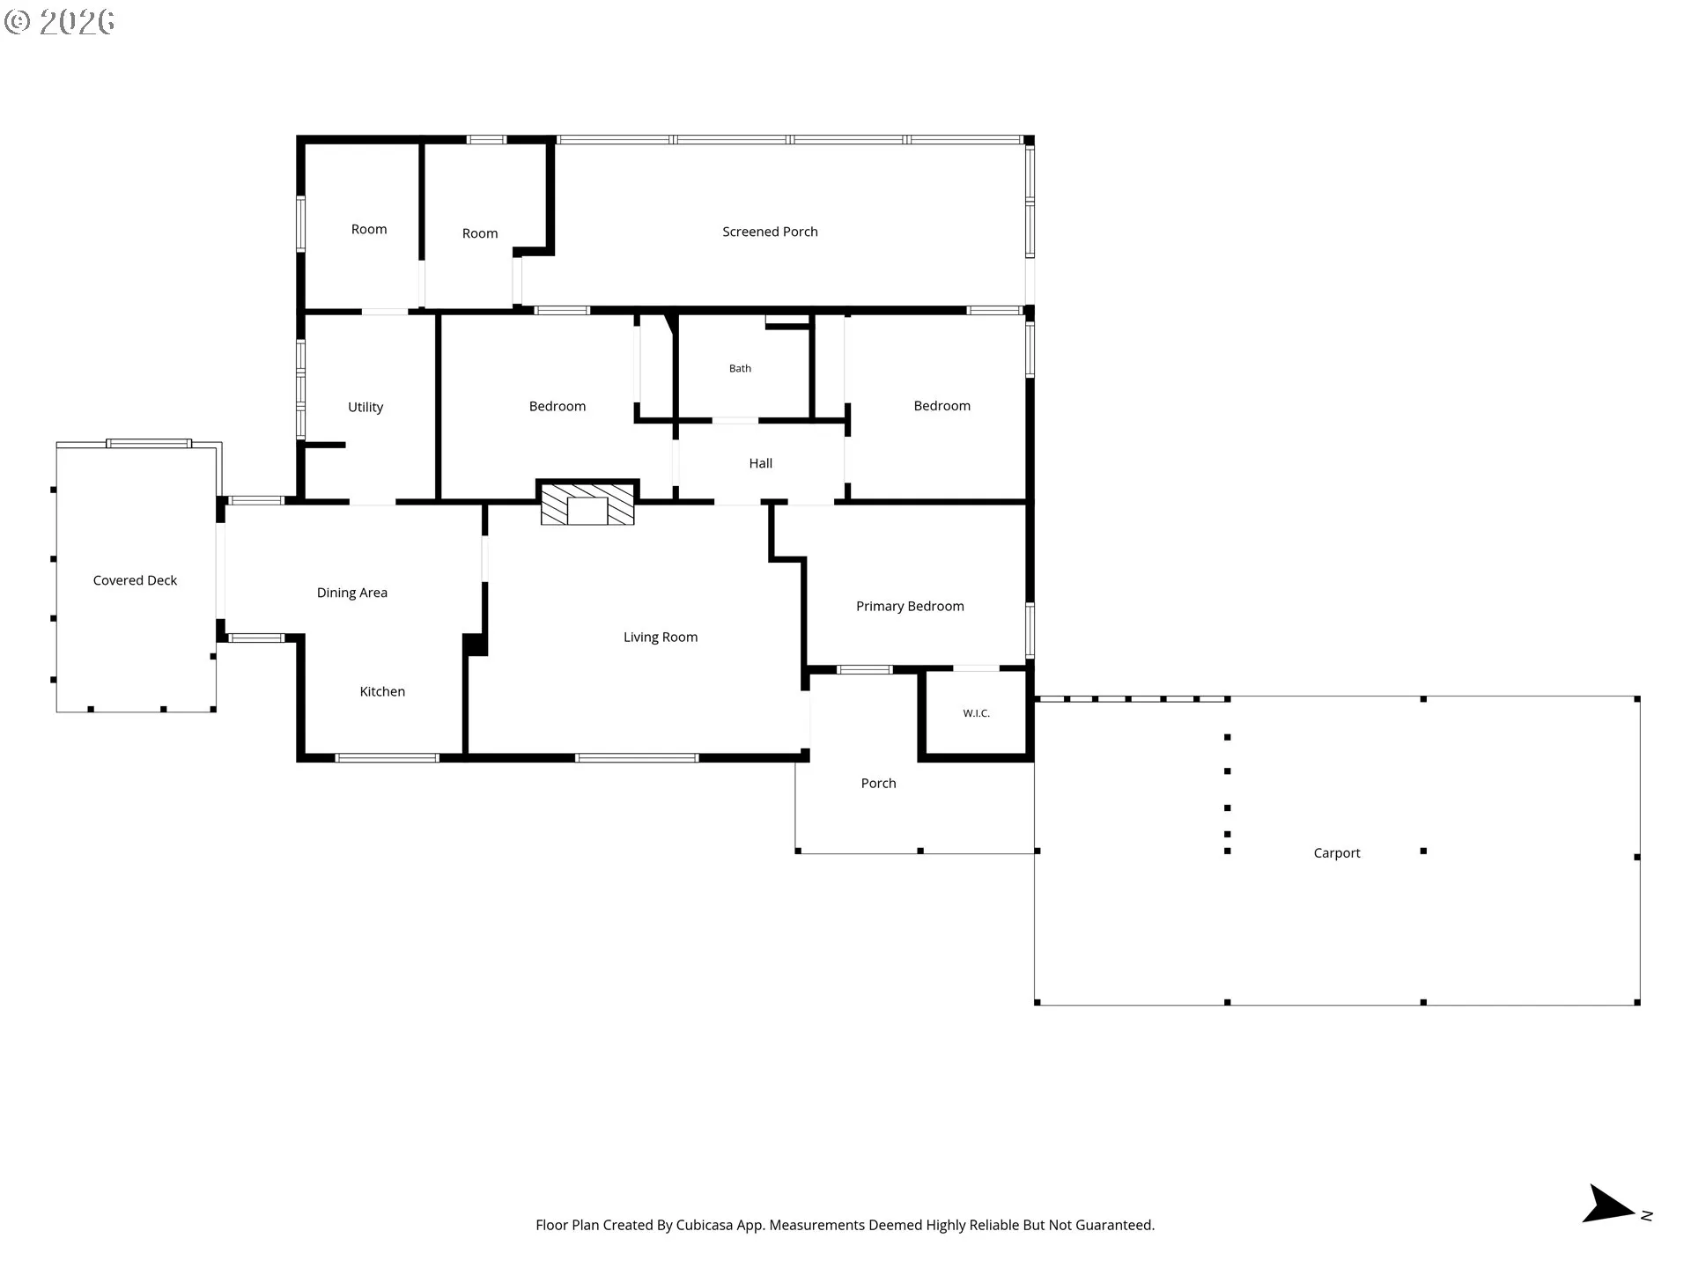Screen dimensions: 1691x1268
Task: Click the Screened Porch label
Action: tap(770, 232)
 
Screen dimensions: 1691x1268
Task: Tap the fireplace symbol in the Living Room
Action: tap(587, 504)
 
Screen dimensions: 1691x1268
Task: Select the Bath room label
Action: tap(740, 368)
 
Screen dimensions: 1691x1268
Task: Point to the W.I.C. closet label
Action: tap(976, 713)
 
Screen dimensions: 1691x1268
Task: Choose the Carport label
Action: tap(1337, 852)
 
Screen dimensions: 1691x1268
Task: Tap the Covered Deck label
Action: tap(135, 580)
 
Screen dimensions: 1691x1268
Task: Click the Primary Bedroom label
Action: tap(910, 606)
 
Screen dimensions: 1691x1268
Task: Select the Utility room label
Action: tap(366, 407)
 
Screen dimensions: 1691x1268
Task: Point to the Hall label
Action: tap(761, 463)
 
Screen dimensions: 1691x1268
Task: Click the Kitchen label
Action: tap(382, 691)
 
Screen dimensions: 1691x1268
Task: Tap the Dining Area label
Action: tap(352, 593)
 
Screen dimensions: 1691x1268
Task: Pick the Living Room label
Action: tap(661, 637)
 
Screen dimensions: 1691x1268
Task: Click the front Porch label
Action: tap(878, 783)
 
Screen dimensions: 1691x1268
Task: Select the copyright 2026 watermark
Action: tap(59, 22)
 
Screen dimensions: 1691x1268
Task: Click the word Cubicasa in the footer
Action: tap(705, 1225)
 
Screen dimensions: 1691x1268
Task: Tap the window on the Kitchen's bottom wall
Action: tap(388, 757)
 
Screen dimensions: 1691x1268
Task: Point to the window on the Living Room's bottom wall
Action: tap(637, 757)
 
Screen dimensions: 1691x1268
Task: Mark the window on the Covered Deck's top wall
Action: tap(149, 443)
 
